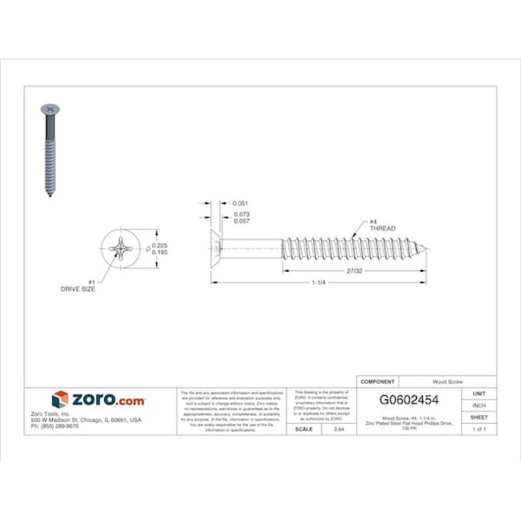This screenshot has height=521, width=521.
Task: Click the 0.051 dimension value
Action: [240, 204]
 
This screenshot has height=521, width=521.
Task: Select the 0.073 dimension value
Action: [240, 215]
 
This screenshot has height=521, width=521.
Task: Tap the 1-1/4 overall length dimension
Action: [321, 283]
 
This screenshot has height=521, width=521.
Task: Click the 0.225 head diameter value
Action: [161, 245]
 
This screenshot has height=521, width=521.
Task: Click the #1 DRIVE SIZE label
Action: [77, 286]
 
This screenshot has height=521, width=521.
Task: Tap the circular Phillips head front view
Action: [119, 248]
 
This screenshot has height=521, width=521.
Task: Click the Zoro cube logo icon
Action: [60, 399]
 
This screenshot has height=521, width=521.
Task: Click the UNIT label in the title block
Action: [479, 393]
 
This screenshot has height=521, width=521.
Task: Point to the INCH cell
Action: [479, 405]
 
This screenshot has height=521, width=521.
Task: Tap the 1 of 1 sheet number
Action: [479, 428]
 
